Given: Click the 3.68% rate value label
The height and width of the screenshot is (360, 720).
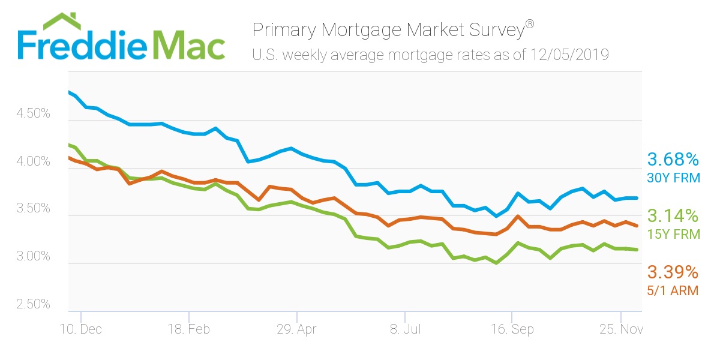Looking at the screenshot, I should (673, 160).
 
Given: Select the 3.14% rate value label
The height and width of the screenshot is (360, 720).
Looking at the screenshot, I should (673, 216).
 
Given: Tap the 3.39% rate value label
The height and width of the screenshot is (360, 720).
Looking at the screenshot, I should (673, 272).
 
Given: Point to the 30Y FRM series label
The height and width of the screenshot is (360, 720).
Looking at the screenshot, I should (672, 178).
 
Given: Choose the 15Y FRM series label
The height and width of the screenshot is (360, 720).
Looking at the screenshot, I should (672, 234).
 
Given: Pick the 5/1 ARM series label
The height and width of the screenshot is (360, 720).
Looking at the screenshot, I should (672, 290).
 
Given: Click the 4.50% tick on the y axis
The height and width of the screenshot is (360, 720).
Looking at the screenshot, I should (33, 114).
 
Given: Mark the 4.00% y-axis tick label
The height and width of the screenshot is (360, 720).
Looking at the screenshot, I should (33, 161).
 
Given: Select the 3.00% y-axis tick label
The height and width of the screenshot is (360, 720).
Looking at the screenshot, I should (33, 256).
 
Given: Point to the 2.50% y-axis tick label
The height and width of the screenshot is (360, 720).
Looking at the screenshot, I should (33, 304).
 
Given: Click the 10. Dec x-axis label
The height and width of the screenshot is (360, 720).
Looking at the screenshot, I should (81, 330).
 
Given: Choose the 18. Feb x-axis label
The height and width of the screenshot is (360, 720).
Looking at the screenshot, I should (189, 330).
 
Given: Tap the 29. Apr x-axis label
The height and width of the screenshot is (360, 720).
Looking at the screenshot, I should (296, 330).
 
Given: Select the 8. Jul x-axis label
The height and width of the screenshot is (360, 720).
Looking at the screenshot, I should (405, 330).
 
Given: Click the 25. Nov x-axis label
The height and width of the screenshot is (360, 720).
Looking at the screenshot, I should (620, 330).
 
